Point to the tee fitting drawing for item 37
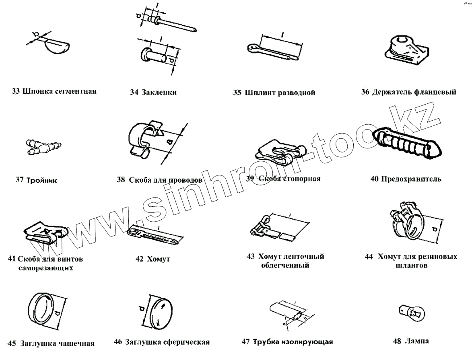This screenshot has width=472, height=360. (43, 146)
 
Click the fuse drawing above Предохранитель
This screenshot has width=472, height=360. (407, 142)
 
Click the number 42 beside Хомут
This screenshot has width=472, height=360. (139, 259)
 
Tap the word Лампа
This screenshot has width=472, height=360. (417, 341)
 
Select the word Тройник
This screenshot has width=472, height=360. (41, 180)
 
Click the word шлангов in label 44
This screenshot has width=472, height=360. (411, 266)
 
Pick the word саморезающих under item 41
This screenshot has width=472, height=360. (46, 268)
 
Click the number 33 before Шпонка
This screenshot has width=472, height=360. (16, 91)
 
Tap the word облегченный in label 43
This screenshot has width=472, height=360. (285, 265)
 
